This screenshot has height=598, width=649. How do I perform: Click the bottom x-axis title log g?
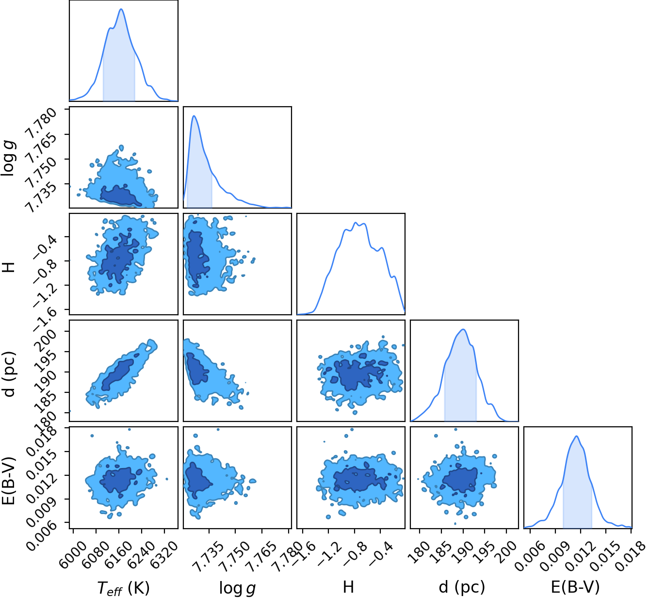tap(237, 588)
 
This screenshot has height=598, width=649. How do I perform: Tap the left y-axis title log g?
tap(8, 159)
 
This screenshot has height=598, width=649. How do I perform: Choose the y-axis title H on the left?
tap(9, 267)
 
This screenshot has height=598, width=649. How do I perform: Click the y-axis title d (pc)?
tap(10, 374)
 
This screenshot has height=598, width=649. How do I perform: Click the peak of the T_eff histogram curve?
tap(121, 9)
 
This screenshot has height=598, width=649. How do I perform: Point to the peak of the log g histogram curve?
tap(194, 116)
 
